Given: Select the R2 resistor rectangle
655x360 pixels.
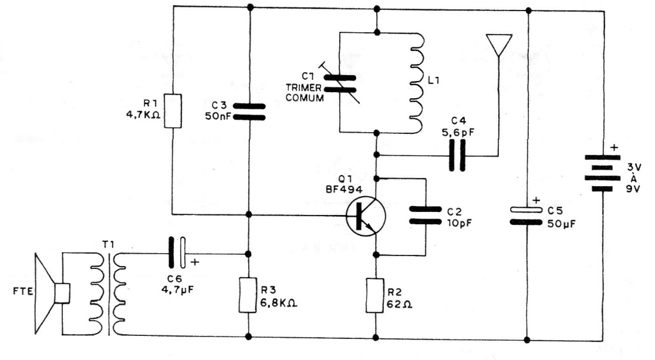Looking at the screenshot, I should point(376,296).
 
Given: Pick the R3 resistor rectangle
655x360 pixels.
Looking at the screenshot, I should point(249,296).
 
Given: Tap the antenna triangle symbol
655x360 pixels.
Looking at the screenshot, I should point(498,45).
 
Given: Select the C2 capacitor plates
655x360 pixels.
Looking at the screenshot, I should point(426,214).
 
